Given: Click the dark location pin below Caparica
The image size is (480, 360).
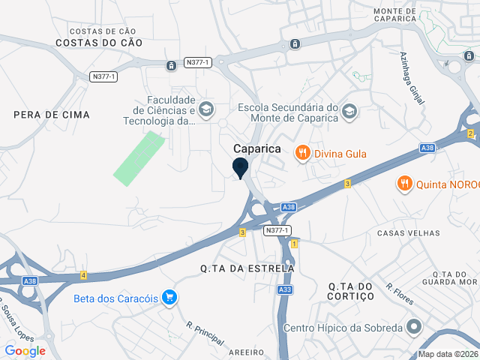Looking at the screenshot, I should click(x=241, y=167).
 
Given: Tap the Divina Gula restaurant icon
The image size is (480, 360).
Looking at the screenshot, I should click(x=303, y=153).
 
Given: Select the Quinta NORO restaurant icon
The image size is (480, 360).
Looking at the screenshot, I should click(x=404, y=183).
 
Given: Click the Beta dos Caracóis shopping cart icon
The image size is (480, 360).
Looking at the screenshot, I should click(x=169, y=298).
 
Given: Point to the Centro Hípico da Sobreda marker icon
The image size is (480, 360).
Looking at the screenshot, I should click(x=414, y=328).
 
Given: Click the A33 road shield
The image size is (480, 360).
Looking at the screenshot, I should click(x=284, y=289).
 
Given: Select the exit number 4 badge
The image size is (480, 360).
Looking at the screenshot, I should click(x=83, y=276).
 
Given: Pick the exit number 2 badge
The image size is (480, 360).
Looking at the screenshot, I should click(x=470, y=133).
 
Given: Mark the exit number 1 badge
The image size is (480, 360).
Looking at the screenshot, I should click(x=294, y=244).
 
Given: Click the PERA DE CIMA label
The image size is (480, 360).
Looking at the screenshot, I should click(x=51, y=115).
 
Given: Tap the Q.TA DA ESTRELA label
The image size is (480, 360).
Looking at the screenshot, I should click(x=247, y=268).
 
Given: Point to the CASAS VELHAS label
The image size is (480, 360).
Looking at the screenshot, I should click(x=408, y=233).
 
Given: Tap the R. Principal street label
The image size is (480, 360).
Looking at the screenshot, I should click(x=205, y=334).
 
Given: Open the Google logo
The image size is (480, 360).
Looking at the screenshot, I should click(x=25, y=351).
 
